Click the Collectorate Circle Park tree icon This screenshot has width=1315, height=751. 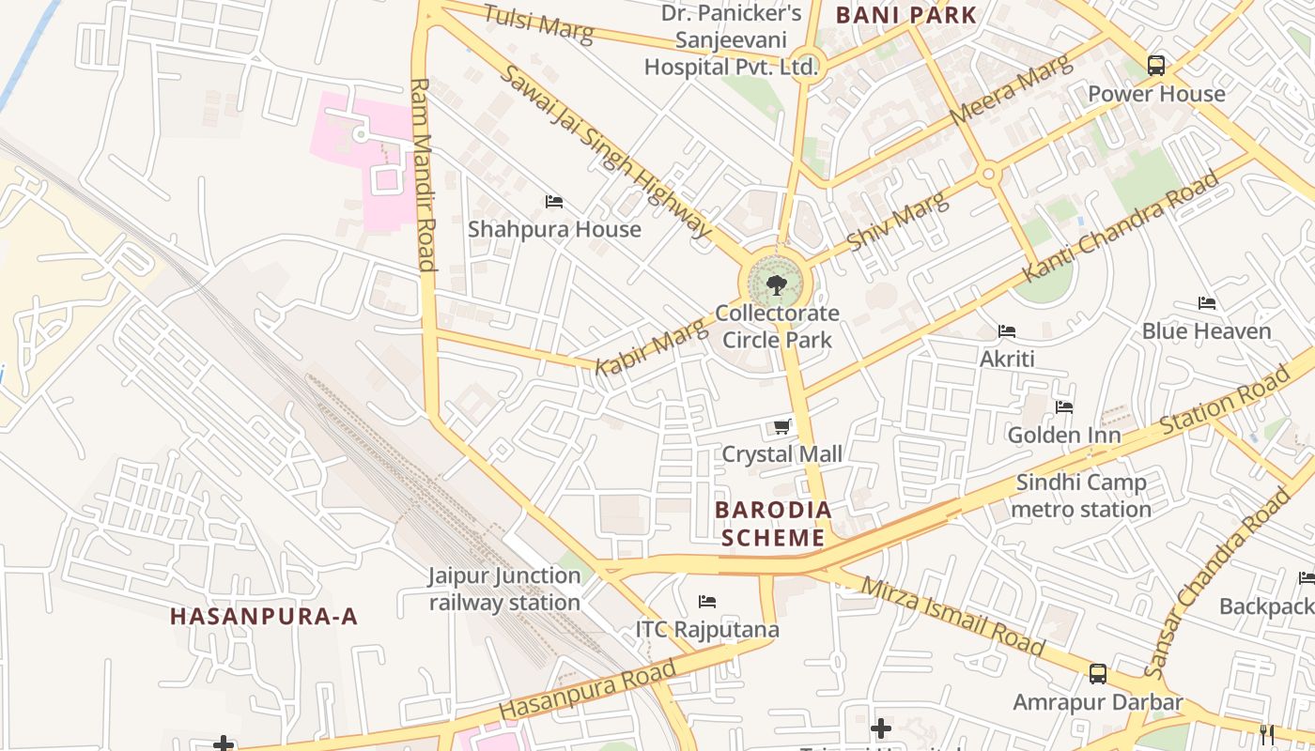point(776,284)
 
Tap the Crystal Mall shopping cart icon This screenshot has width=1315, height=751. point(781,427)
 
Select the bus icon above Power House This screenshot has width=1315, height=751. point(1156,66)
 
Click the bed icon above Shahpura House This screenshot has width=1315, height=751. point(554,202)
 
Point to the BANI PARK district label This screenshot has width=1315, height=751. point(905,15)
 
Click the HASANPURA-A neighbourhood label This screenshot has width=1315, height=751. point(264,617)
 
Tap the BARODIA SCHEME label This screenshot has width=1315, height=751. point(773,524)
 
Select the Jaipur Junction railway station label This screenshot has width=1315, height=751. point(504,589)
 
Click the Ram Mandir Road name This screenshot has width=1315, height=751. point(424,175)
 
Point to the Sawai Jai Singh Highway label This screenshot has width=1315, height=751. point(607,151)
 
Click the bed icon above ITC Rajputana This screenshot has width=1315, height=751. point(707,601)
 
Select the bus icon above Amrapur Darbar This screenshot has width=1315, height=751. point(1097,673)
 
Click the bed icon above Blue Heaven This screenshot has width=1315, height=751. point(1207,303)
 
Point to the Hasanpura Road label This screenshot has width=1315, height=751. point(587,691)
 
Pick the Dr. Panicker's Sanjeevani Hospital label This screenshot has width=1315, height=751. point(731,40)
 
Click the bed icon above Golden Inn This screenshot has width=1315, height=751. point(1063,407)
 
